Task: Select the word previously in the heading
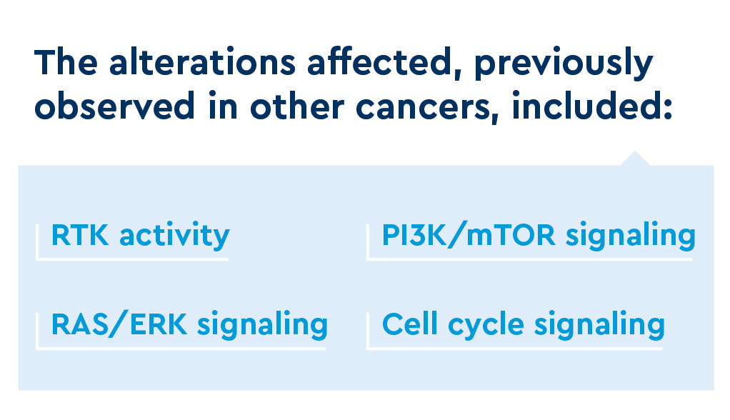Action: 564,64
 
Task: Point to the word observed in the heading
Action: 114,105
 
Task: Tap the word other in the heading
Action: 297,105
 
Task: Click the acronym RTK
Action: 80,235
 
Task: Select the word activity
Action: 174,236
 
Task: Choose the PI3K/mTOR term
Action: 469,235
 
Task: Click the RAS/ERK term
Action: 119,324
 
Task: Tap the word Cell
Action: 410,324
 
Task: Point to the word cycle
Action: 486,326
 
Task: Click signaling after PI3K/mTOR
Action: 631,236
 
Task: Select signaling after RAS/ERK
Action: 263,326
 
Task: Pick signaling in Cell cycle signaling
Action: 600,326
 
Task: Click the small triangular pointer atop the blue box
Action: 635,159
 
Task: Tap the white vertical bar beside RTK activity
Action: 37,241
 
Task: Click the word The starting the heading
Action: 66,61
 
